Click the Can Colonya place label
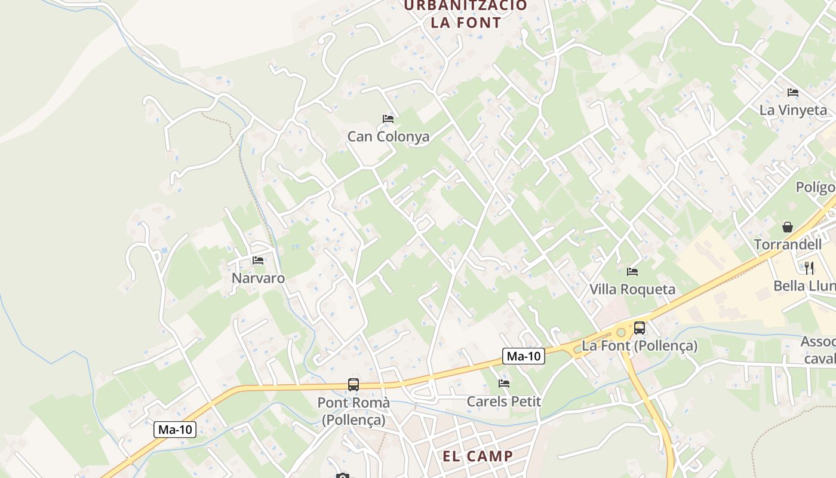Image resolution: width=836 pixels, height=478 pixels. coord(388,136)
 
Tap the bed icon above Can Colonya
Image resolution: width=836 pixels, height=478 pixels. coord(388,119)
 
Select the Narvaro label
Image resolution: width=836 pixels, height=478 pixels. coord(258,278)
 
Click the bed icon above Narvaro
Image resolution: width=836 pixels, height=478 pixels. coord(258,261)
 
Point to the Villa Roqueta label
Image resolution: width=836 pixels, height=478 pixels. coord(632,289)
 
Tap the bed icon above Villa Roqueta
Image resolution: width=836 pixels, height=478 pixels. coord(632,272)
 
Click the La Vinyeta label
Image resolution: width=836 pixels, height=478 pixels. coord(793,110)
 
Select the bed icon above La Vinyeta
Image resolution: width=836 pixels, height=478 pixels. coord(793,93)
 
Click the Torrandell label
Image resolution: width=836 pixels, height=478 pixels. coord(788,244)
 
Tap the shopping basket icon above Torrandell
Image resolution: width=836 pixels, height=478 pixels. coord(788,227)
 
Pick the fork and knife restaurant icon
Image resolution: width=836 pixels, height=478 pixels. coord(809,268)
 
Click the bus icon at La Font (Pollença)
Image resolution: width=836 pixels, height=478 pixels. coord(640,327)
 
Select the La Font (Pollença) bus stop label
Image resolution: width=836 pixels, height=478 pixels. coord(640,345)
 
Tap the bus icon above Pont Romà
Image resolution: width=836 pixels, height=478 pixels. coord(354,385)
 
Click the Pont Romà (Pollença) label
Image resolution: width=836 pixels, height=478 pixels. coord(354,411)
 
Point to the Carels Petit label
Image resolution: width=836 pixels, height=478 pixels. coord(504,401)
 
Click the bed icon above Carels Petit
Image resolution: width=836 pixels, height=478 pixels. coord(504,384)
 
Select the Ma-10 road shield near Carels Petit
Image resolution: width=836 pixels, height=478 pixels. coord(523,356)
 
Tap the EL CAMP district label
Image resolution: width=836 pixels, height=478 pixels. coord(478,456)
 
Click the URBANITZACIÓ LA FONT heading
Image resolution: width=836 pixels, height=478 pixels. coord(466,14)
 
